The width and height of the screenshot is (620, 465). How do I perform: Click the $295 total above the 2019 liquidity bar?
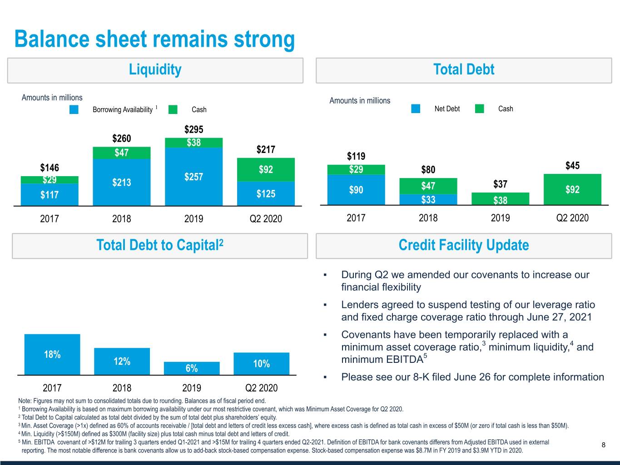[x=194, y=129]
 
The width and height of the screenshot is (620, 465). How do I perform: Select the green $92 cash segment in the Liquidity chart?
[x=266, y=170]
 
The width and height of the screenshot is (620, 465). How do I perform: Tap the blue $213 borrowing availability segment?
[x=121, y=183]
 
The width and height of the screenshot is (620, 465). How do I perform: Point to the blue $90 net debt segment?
[x=356, y=190]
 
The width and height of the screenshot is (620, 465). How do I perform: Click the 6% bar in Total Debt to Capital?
[x=192, y=368]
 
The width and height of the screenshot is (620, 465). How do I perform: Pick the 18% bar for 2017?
[x=52, y=354]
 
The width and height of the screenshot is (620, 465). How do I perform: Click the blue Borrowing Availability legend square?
[x=74, y=109]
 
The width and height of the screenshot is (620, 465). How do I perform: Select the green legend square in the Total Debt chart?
[x=479, y=109]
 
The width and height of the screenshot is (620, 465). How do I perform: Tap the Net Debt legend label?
[x=447, y=109]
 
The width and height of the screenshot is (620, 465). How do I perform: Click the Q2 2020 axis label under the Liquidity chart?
[x=266, y=219]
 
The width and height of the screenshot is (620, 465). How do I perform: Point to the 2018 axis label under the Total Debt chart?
[x=428, y=218]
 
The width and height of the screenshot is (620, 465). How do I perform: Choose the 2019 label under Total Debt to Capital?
[x=192, y=388]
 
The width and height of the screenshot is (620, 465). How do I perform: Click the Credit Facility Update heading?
[x=463, y=245]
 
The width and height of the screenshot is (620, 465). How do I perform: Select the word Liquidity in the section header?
[x=155, y=69]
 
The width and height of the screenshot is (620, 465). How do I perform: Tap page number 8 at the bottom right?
[x=603, y=445]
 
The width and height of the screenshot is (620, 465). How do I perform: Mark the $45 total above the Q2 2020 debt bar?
[x=572, y=165]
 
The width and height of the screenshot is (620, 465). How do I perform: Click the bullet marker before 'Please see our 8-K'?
[x=325, y=377]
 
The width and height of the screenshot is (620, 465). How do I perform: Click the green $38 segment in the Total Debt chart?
[x=500, y=199]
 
